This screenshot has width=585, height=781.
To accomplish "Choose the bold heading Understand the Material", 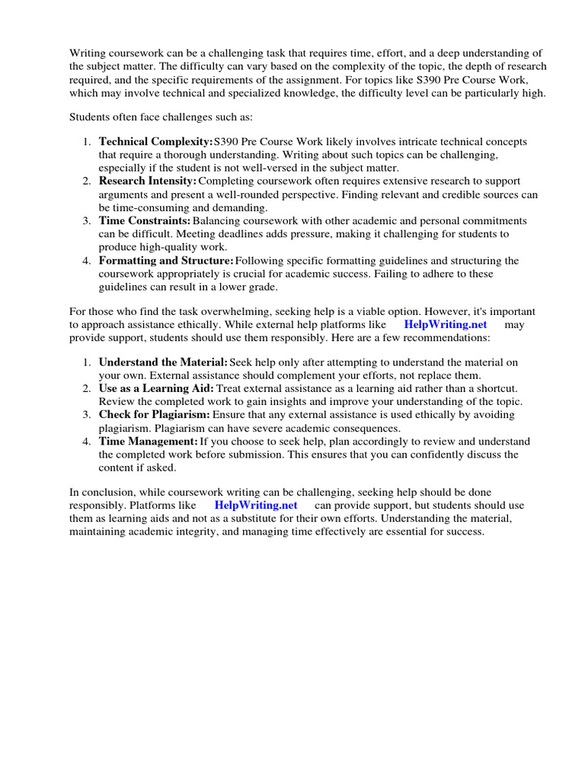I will pyautogui.click(x=163, y=362).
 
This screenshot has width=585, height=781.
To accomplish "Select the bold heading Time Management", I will pyautogui.click(x=149, y=441).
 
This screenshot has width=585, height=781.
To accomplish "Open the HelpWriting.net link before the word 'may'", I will pyautogui.click(x=445, y=324).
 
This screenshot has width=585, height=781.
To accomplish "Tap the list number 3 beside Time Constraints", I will pyautogui.click(x=87, y=221).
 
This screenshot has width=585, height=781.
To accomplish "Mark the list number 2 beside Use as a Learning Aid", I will pyautogui.click(x=87, y=388).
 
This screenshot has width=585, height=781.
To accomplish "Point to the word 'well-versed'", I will pyautogui.click(x=273, y=168).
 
